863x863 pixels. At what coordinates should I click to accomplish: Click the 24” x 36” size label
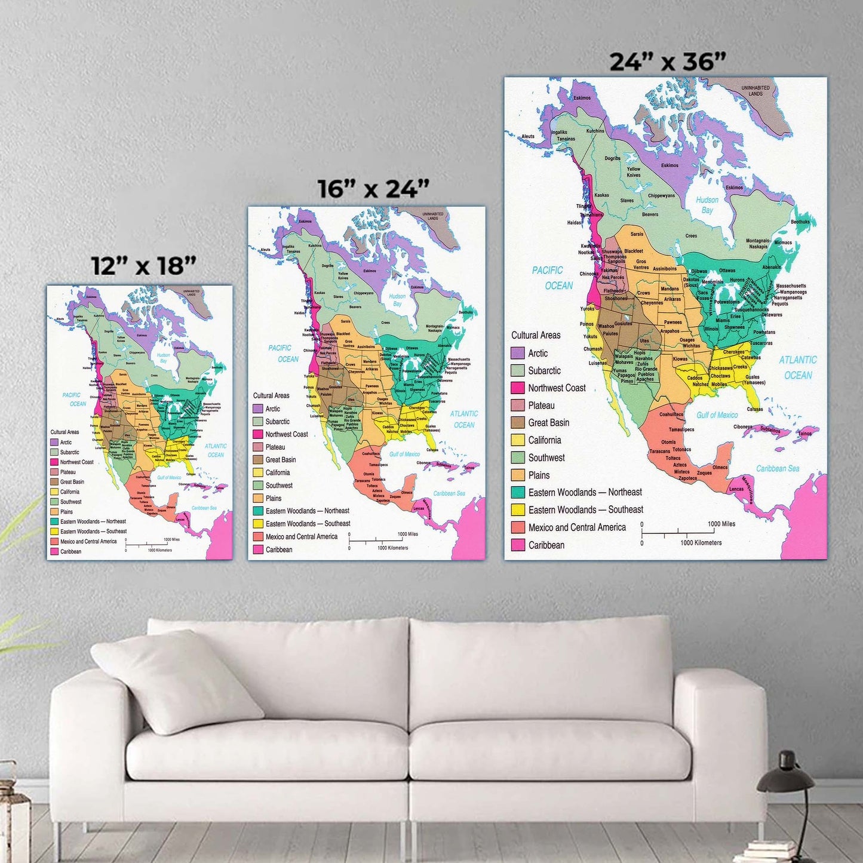point(667,62)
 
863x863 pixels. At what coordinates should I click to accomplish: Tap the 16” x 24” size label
point(373,189)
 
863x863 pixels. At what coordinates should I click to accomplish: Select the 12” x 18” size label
point(143,266)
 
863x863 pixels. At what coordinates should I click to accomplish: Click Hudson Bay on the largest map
point(707,205)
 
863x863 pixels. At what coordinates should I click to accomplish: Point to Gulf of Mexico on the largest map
point(717,415)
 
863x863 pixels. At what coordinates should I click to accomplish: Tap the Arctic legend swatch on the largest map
point(518,353)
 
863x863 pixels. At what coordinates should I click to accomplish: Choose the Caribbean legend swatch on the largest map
point(518,545)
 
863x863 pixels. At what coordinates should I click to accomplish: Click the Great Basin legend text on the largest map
point(548,423)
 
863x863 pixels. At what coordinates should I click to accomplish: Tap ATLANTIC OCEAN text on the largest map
point(798,367)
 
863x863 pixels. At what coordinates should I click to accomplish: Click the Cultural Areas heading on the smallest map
point(65,432)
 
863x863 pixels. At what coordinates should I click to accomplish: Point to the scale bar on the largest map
point(681,532)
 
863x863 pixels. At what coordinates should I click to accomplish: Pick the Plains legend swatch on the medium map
point(258,498)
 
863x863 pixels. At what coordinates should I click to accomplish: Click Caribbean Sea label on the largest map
point(778,468)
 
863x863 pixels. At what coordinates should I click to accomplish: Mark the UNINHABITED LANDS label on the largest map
point(755,91)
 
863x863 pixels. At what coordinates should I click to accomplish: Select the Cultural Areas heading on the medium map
point(271,395)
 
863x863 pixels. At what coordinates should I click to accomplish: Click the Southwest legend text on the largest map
point(546,458)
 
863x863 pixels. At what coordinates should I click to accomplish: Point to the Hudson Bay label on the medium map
point(397,300)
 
